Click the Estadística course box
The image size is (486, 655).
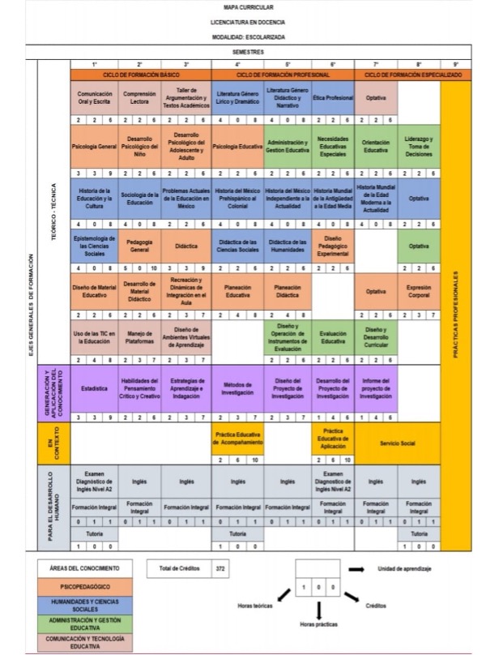click(94, 388)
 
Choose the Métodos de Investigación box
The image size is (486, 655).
click(237, 388)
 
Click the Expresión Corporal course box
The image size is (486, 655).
click(419, 291)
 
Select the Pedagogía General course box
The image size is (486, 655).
click(139, 246)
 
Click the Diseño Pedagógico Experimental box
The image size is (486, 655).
click(332, 246)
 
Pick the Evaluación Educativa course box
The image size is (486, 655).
click(332, 337)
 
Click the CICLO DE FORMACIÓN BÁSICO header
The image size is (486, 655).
click(141, 74)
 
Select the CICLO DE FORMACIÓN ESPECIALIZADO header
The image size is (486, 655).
click(413, 74)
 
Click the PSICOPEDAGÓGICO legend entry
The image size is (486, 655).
click(79, 585)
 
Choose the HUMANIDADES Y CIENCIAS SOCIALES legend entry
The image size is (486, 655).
click(79, 605)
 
